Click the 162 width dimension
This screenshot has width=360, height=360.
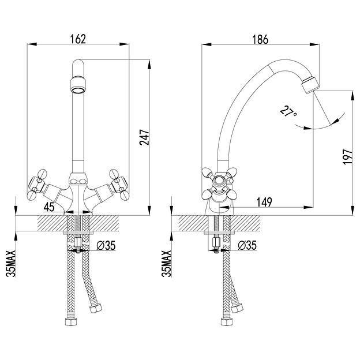78,39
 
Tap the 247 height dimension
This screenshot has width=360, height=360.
144,137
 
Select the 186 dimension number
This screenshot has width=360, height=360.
260,39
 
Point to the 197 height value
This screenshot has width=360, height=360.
347,156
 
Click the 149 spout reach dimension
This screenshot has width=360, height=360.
264,202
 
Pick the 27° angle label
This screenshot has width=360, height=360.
288,112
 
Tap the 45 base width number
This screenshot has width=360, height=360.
49,207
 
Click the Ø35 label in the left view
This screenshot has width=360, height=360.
106,245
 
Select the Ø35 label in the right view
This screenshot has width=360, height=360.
247,245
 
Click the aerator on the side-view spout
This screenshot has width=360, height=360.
310,85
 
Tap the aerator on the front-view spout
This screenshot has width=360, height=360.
78,85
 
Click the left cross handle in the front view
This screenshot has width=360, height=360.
38,184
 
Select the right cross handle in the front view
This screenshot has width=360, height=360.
119,184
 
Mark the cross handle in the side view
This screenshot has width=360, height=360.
219,183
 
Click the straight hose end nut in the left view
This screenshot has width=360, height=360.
70,322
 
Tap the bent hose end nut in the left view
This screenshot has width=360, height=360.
96,308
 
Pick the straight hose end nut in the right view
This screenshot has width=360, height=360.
226,322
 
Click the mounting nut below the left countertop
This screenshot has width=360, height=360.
78,242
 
